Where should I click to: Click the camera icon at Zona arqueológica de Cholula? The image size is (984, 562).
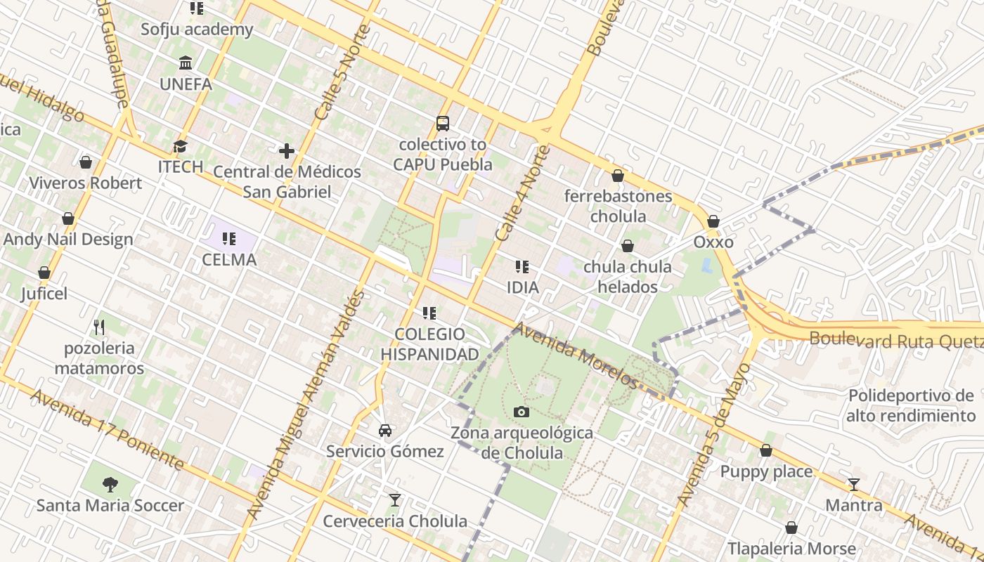[521, 412]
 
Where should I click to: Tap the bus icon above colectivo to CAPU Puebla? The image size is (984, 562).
[442, 124]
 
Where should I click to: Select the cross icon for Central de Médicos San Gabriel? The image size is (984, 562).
[287, 151]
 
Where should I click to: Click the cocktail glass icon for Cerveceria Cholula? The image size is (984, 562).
[395, 500]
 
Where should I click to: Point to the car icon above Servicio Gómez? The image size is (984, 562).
[385, 430]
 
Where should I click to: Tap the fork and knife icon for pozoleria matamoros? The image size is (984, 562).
[99, 327]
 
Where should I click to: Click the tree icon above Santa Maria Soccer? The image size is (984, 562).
[110, 484]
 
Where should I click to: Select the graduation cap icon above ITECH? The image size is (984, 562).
[181, 146]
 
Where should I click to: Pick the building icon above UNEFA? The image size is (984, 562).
[186, 63]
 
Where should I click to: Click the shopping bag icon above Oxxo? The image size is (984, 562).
[713, 221]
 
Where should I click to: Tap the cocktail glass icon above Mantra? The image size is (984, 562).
[854, 484]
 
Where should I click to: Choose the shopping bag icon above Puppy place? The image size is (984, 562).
[766, 450]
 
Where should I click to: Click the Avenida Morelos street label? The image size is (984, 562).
[575, 355]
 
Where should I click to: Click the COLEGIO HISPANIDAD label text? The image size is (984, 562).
[429, 344]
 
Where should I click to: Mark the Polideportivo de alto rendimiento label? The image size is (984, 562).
[910, 405]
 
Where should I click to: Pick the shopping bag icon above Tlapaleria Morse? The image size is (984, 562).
[791, 528]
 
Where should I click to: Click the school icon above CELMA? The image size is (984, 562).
[229, 239]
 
